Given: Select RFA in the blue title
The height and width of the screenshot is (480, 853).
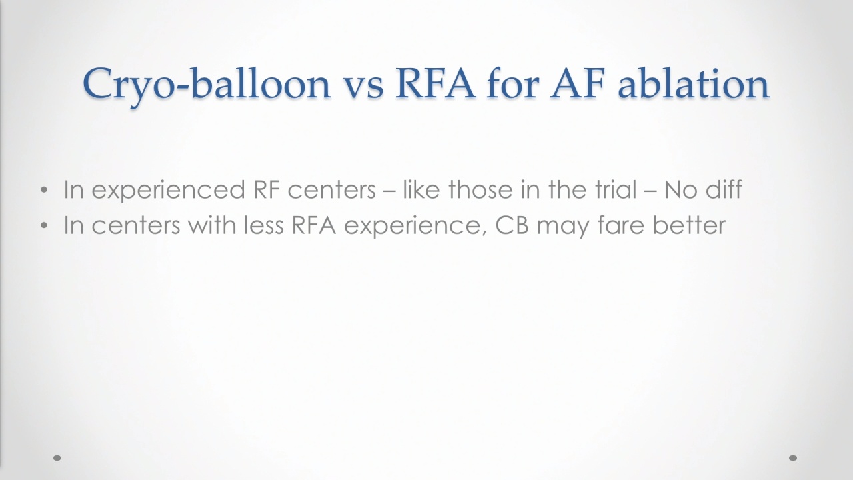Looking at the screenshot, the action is pos(435,84).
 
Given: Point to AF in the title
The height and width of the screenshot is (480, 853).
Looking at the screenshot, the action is pos(577,84).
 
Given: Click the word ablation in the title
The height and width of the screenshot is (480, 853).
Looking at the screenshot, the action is pos(694,84).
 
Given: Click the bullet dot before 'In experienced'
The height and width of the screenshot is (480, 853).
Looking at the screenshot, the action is pos(44,190).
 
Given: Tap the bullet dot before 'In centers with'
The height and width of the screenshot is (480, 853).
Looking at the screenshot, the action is pos(44,225).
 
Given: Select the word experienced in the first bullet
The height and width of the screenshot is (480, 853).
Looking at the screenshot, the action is pos(168,191).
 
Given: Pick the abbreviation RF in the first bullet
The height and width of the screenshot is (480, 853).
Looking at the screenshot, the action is pos(267,189).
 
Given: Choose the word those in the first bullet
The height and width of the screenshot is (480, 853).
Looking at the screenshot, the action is pos(480,189).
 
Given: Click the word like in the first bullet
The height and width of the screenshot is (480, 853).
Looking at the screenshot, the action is pos(421,189).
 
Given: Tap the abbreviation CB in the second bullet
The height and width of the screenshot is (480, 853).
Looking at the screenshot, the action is pos(512,225).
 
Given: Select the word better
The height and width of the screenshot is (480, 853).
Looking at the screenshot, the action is pos(689,225).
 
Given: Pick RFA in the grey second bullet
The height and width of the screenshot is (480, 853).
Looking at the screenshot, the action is pos(314,225).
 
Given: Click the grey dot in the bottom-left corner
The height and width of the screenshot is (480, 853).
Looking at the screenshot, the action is pos(57,458).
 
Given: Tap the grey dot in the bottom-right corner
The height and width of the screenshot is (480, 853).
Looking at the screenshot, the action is pos(793,458).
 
